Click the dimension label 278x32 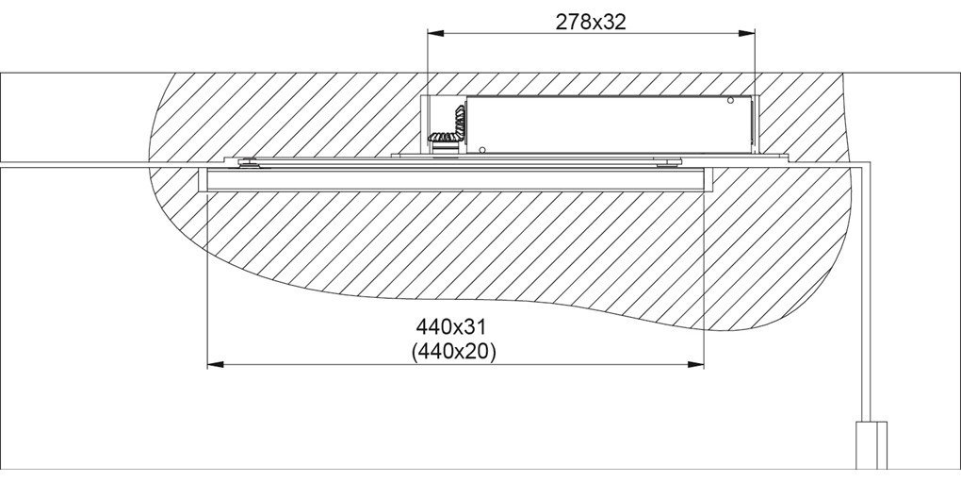point(591,22)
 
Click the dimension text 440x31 point(454,324)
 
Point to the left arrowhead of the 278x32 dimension point(435,34)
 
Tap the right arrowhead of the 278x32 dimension point(746,34)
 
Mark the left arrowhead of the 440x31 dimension point(216,365)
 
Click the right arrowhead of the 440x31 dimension point(695,365)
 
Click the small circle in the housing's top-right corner point(730,101)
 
